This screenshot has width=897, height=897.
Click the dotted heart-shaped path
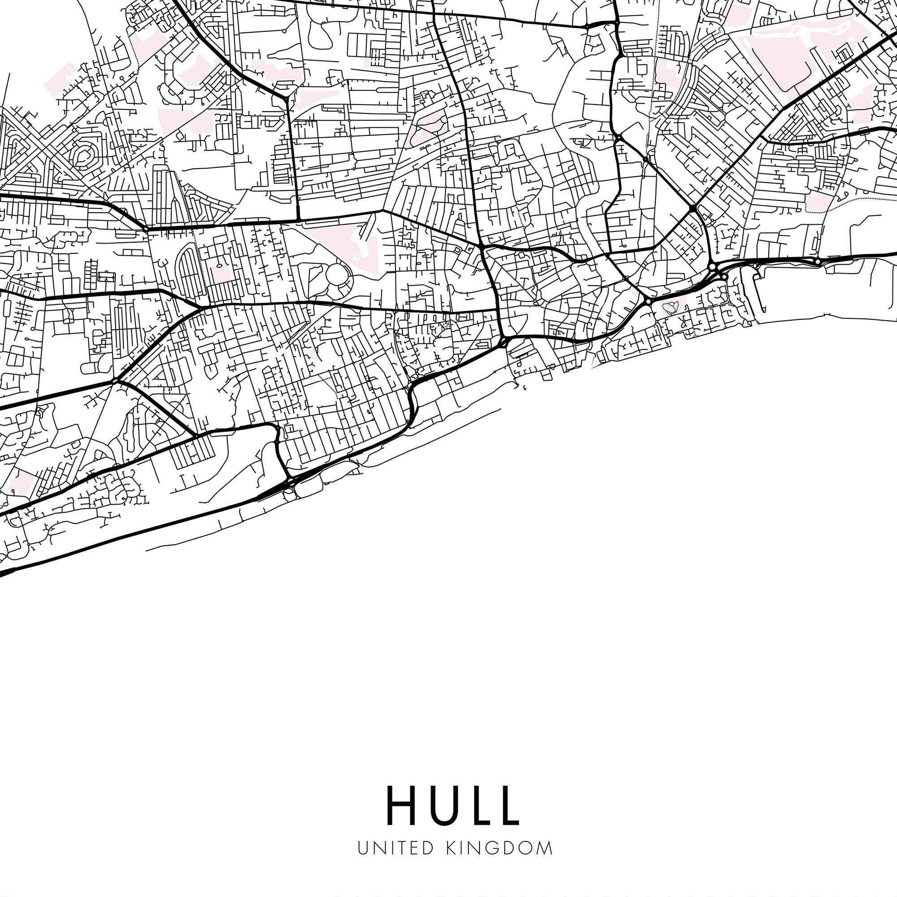point(670,307)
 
